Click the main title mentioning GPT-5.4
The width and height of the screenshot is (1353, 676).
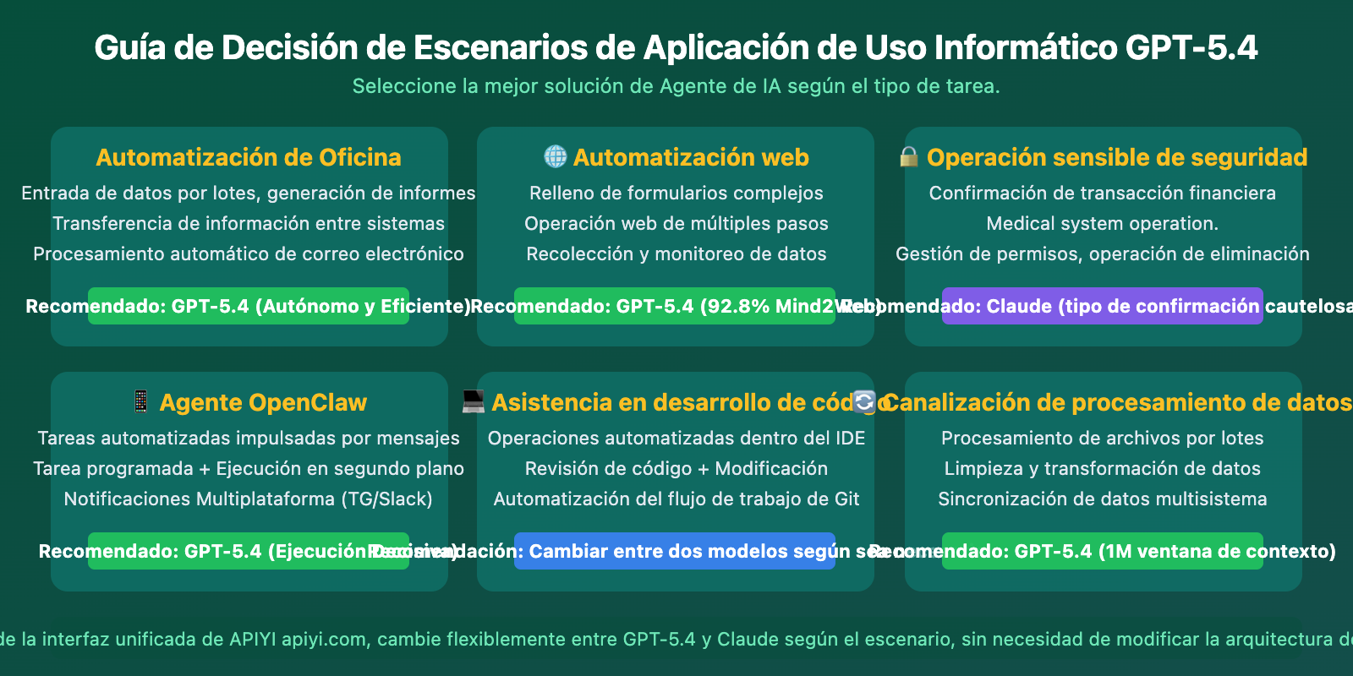pos(676,48)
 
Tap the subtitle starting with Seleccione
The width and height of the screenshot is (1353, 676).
pos(676,86)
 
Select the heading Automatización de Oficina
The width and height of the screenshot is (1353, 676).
pos(249,157)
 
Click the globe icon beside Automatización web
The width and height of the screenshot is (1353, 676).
pos(555,156)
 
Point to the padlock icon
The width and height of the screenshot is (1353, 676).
pos(909,157)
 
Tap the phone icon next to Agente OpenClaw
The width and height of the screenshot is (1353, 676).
pos(141,401)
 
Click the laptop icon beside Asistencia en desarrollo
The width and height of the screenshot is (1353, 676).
pos(474,401)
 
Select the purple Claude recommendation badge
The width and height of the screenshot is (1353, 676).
pos(1102,306)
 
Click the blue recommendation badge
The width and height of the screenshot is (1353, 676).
pos(674,551)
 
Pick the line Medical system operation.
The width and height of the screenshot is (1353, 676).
pos(1102,224)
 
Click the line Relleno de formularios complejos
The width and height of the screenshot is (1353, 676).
pos(676,194)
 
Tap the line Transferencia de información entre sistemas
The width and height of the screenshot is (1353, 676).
pos(249,224)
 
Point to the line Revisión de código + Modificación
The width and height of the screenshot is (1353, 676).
pos(676,469)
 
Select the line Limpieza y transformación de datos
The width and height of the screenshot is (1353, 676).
pos(1102,469)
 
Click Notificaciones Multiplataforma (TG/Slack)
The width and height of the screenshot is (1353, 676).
pos(249,499)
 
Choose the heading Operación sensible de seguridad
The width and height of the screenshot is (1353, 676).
pos(1116,157)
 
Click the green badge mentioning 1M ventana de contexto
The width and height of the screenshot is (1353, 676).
pos(1102,551)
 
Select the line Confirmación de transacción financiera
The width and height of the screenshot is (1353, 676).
pos(1102,194)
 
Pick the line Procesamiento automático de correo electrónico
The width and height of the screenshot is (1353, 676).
pos(249,254)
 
